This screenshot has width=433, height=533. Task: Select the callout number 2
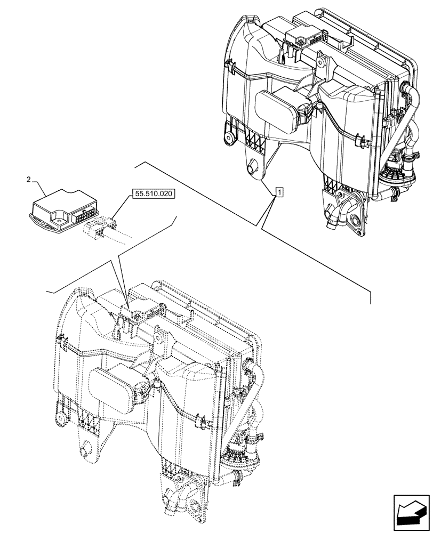pyautogui.click(x=29, y=180)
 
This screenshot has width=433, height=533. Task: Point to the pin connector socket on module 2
pyautogui.click(x=84, y=217)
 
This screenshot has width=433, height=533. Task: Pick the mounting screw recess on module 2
pyautogui.click(x=55, y=217)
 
